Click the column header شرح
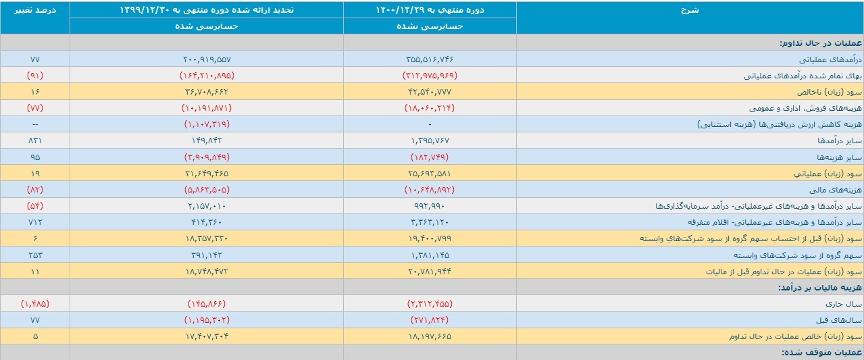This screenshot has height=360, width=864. click(690, 10)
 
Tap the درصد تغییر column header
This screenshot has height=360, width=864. click(35, 10)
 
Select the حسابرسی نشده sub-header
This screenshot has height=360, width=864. click(430, 26)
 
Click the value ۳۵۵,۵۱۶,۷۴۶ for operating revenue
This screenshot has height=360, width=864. click(430, 59)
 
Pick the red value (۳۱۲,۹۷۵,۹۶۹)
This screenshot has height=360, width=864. click(430, 75)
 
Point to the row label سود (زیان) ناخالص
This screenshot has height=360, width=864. click(830, 92)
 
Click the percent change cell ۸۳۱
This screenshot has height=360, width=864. click(35, 140)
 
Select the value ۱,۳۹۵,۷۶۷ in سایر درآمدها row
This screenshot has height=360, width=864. click(430, 140)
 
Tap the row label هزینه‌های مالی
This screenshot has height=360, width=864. click(836, 189)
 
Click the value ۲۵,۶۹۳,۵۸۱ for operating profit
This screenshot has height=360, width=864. click(430, 174)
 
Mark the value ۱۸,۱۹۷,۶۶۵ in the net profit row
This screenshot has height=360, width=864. click(430, 336)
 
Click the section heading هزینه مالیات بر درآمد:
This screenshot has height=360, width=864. click(819, 288)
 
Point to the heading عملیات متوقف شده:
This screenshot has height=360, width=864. click(821, 353)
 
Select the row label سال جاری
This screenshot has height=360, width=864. click(844, 304)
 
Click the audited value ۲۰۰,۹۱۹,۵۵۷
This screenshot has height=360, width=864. click(207, 59)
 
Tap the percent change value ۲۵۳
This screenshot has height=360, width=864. click(35, 255)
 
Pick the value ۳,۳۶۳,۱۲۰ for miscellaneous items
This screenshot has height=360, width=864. click(430, 222)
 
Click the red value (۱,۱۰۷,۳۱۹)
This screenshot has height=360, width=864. click(207, 124)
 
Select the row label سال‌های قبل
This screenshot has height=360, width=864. click(838, 320)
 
